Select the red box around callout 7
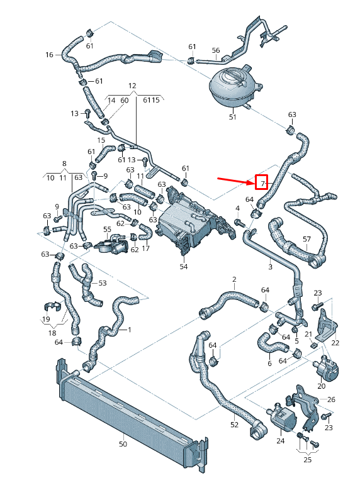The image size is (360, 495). (261, 182)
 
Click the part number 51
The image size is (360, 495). (232, 117)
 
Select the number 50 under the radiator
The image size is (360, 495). (123, 444)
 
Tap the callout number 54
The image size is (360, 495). (184, 267)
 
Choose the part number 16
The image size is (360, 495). (50, 55)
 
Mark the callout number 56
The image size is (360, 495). (215, 50)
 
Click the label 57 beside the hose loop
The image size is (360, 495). (307, 239)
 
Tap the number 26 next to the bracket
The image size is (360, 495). (332, 399)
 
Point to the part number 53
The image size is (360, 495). (103, 284)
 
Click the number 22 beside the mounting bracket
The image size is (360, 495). (335, 342)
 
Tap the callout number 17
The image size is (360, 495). (145, 248)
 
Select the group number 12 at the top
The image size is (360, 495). (132, 85)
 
